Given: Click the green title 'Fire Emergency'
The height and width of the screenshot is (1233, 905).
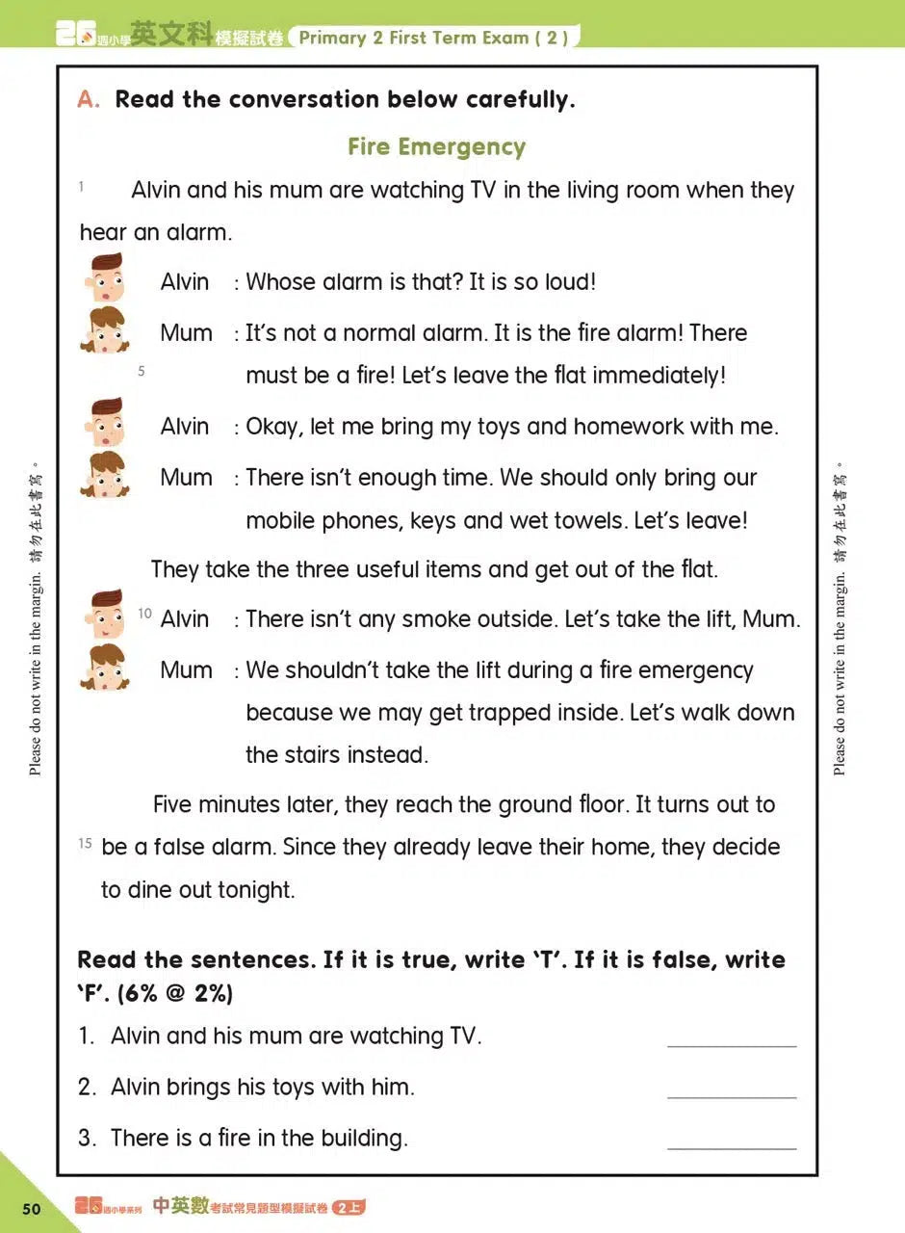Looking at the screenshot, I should pos(436,146).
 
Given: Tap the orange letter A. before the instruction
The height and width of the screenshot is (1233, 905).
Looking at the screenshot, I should pos(89,99).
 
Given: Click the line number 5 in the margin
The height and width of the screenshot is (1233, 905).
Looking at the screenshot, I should pos(142,370).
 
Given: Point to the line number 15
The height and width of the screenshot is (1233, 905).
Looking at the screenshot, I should pos(85,844).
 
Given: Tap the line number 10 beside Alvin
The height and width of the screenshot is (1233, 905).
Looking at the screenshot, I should pos(145,614).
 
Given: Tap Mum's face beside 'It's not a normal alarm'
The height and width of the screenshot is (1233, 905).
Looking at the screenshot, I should pos(105,329).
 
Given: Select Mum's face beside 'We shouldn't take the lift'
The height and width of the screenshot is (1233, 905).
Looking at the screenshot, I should pos(105,667).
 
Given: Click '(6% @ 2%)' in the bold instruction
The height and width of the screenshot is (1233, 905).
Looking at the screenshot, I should pos(174,993).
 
